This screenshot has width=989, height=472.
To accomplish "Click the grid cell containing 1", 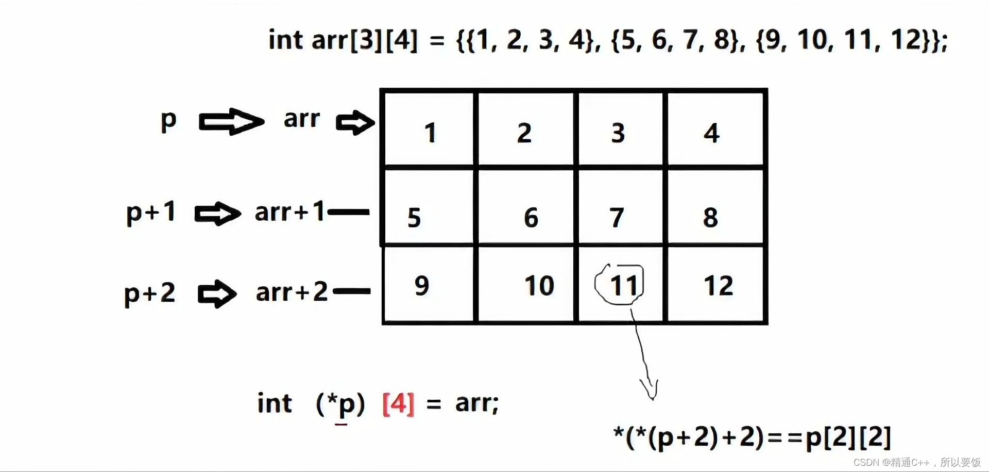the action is (429, 129).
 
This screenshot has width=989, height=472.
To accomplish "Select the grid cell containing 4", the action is (715, 129).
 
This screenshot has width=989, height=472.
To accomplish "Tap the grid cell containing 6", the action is (525, 207).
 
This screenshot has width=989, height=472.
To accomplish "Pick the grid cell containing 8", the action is (715, 207).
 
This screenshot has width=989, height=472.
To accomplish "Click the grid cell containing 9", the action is (429, 285).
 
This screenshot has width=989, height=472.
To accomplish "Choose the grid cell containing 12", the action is (715, 285).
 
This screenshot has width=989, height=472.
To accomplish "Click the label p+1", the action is (151, 213).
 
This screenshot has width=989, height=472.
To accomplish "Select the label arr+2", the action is (292, 292).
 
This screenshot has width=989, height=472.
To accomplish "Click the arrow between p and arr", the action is (231, 122).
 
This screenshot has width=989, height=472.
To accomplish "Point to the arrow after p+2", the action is (217, 294).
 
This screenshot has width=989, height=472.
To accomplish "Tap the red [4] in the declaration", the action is (398, 403).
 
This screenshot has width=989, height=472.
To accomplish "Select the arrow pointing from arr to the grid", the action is (355, 123).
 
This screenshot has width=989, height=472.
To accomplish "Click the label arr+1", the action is (289, 212).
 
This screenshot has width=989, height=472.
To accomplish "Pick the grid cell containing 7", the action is (620, 207).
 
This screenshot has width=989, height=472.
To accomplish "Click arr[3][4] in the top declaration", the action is (365, 40).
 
